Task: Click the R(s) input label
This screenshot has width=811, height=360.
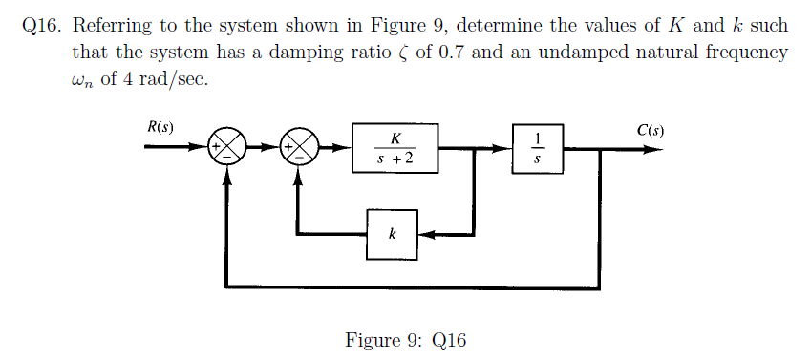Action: (x=160, y=127)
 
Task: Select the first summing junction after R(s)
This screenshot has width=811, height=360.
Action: (x=226, y=147)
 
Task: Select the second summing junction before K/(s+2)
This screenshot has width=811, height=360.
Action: (x=301, y=147)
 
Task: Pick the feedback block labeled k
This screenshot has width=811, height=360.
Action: (x=393, y=233)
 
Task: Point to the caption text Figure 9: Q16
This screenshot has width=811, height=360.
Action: (x=406, y=341)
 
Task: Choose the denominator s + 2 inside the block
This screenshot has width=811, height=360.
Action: (x=395, y=159)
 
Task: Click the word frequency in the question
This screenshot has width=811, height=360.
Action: (x=747, y=53)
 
